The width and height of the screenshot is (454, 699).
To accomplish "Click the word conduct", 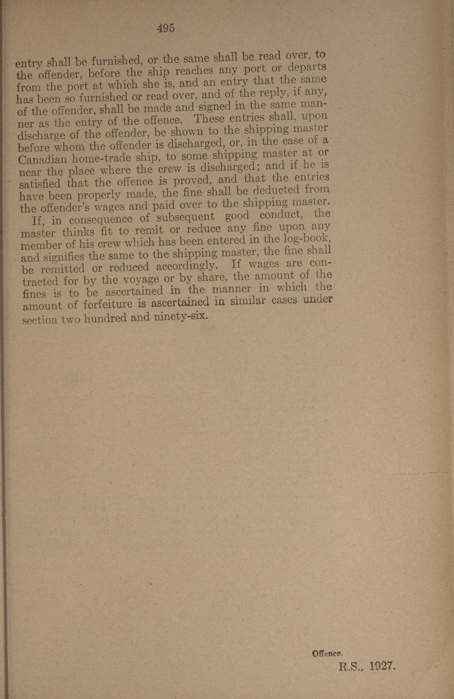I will [x=282, y=215].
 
